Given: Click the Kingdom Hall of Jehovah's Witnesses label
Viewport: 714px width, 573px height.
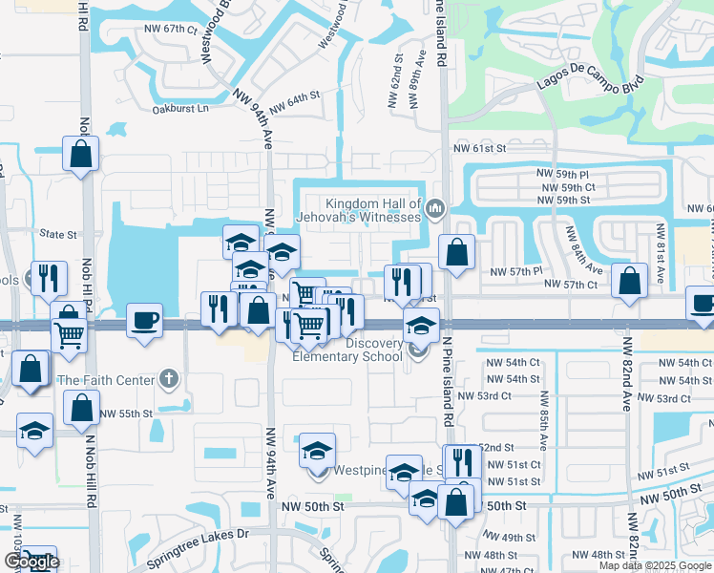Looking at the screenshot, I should tap(373, 210).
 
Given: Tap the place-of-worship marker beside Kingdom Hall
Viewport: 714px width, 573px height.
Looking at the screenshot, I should tap(435, 207).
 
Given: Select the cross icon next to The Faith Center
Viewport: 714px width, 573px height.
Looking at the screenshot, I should tap(169, 379).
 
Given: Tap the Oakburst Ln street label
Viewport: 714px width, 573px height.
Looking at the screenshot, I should tap(180, 109).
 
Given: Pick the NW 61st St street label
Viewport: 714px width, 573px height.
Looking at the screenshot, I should tap(478, 148).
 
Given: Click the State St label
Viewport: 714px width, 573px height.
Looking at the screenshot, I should tap(57, 233).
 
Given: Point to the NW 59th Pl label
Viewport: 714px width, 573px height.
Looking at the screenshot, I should tap(563, 174).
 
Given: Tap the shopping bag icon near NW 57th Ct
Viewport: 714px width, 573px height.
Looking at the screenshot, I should tap(629, 282).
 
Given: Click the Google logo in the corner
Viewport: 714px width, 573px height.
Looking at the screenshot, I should tap(31, 562).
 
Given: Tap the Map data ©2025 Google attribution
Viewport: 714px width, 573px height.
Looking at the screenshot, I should tap(655, 565).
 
